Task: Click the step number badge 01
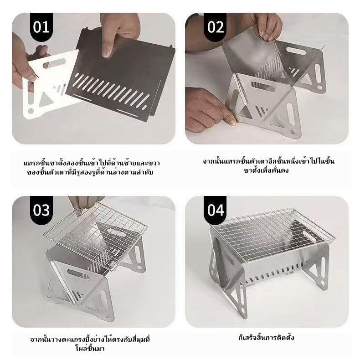41,27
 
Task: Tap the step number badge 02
215,27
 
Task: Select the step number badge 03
41,210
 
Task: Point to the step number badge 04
215,210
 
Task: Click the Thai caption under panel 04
266,338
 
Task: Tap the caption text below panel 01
92,168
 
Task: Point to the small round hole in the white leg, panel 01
31,111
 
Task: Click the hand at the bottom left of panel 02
206,108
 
